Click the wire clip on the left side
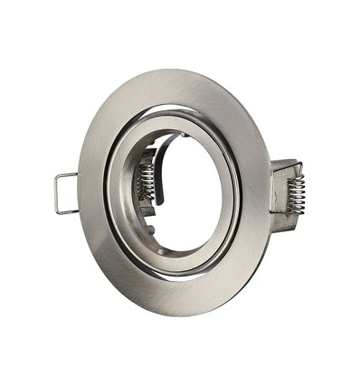click(x=63, y=192)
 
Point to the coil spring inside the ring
click(x=146, y=181)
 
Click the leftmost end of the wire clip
click(x=55, y=193)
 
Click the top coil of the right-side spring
click(x=296, y=177)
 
